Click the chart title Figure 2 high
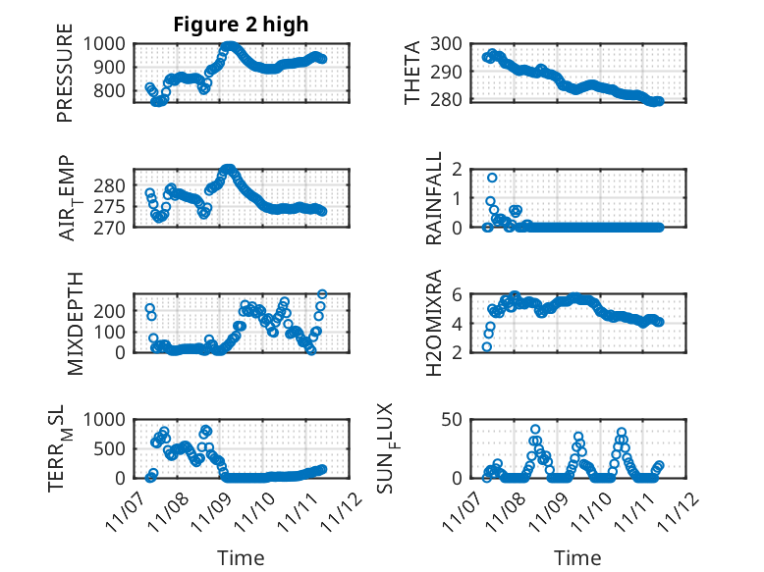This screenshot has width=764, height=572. click(x=241, y=25)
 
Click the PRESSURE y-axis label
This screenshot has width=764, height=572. click(x=65, y=80)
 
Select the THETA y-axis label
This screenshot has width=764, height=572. click(x=413, y=73)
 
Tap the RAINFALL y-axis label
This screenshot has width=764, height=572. click(x=433, y=198)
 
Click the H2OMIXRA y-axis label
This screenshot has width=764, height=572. click(x=433, y=323)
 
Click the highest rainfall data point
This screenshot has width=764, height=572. click(x=492, y=178)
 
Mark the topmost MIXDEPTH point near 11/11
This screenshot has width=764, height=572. click(x=322, y=293)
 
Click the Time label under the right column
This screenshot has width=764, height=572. click(x=578, y=558)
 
